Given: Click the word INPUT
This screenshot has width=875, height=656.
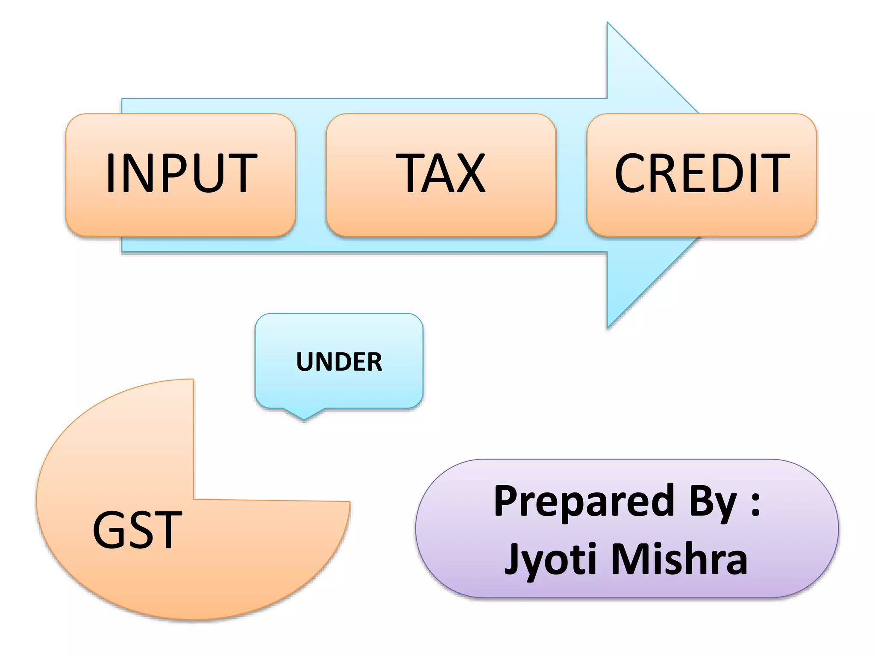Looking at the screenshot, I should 181,173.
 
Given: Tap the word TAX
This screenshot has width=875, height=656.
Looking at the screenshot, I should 440,173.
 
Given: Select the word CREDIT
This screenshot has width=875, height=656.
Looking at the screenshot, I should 702,173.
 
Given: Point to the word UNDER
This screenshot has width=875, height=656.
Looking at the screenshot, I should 339,362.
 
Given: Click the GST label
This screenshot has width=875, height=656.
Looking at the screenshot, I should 137,530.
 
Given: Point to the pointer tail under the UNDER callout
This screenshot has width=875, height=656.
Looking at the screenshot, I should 304,418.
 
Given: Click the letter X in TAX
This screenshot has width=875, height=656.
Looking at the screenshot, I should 468,173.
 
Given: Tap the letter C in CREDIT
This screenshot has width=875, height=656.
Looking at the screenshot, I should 631,173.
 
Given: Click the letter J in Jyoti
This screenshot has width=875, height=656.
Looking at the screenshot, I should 513,559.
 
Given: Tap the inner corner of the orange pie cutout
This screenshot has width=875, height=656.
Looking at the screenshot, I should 194,498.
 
